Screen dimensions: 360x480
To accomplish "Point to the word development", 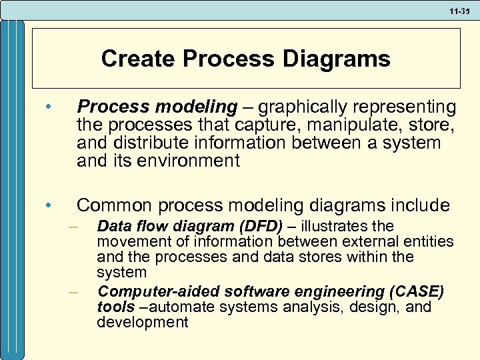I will pos(142,323).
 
